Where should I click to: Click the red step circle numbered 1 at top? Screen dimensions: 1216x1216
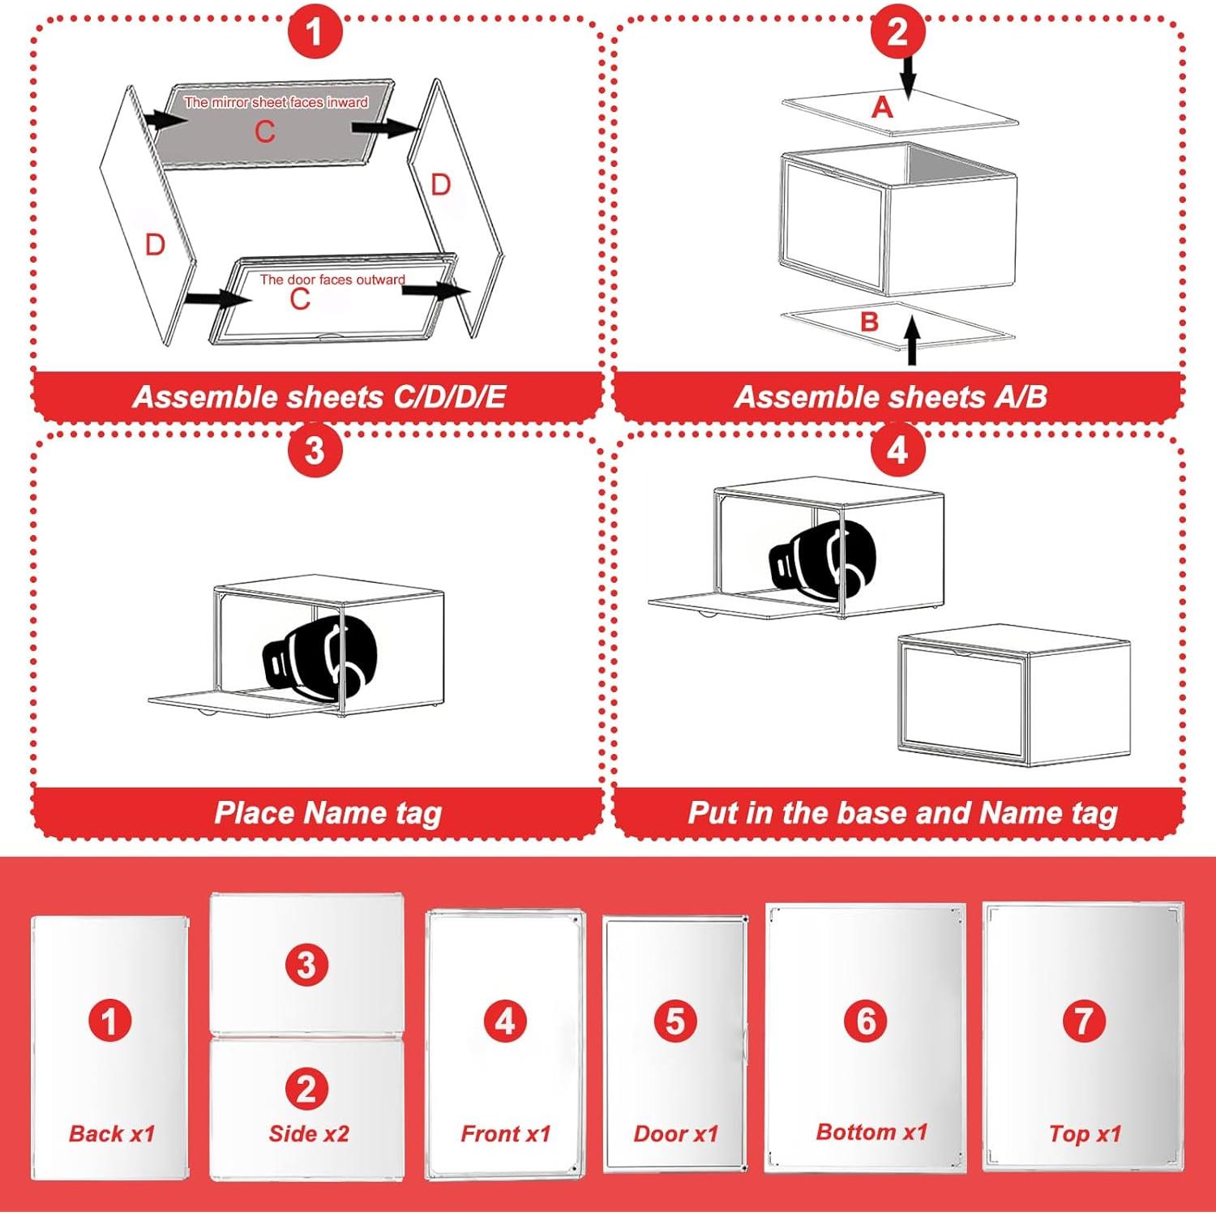315,32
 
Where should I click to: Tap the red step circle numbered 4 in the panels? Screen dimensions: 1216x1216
897,449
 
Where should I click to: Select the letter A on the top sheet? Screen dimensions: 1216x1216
882,107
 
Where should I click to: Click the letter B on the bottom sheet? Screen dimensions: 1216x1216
870,321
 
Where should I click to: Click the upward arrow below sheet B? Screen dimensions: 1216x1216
913,340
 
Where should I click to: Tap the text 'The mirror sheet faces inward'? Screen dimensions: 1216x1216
276,102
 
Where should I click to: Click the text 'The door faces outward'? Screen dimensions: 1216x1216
332,280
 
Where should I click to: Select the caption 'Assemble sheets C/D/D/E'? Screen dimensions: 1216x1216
319,396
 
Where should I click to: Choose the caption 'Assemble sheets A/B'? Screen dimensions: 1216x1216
891,396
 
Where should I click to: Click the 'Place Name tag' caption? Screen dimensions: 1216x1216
328,812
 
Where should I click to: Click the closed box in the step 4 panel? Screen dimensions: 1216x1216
1014,696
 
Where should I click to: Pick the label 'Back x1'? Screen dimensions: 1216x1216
112,1133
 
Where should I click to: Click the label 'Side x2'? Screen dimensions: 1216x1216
309,1133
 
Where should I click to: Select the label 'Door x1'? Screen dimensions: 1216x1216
676,1133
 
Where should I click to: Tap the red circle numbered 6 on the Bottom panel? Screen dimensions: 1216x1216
866,1021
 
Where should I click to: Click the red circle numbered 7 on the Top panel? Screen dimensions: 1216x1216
1085,1021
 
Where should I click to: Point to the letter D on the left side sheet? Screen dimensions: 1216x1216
155,244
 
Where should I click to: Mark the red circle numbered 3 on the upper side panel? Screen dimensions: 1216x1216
306,965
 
